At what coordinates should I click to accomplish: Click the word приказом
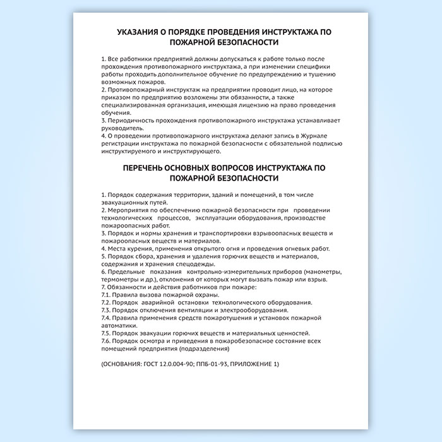[115, 97]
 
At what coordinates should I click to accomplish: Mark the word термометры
[121, 279]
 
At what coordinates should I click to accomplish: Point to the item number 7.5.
[106, 333]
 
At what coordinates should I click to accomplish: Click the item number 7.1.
[105, 295]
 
